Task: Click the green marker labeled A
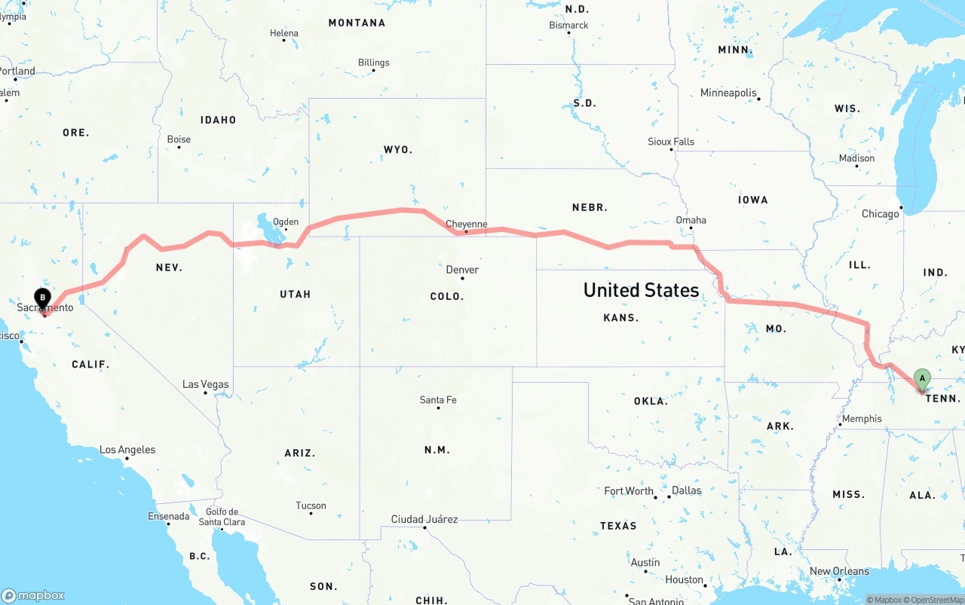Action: click(921, 378)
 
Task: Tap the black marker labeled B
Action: click(43, 298)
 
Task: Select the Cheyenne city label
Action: click(467, 225)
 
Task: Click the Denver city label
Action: click(462, 270)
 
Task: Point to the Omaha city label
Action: click(691, 220)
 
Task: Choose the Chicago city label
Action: click(880, 214)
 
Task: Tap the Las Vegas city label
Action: click(205, 384)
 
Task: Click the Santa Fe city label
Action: click(438, 399)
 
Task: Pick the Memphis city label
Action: click(862, 419)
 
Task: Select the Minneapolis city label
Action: click(728, 93)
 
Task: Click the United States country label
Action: click(642, 290)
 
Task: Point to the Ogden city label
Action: click(286, 222)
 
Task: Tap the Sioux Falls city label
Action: click(671, 142)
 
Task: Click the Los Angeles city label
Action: click(127, 450)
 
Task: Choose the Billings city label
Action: click(374, 63)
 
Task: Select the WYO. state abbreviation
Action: click(398, 150)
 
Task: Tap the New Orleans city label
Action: click(839, 571)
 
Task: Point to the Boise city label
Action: click(179, 139)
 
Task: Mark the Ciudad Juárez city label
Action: click(424, 519)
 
